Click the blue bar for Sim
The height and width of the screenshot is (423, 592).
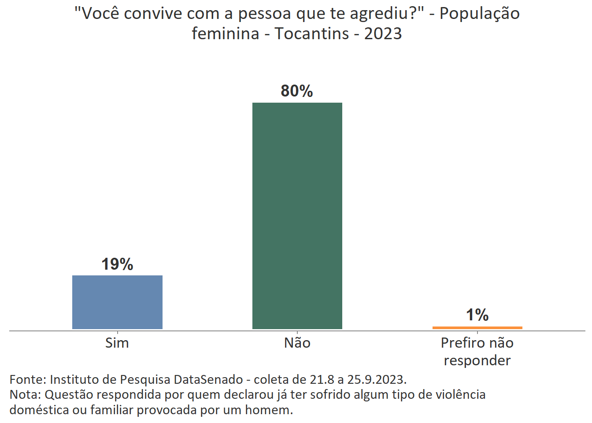(117, 302)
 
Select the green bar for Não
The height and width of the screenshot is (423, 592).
(297, 215)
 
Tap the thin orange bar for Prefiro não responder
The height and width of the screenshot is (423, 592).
(477, 327)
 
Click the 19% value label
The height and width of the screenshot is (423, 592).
(117, 264)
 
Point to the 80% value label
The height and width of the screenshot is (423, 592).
(297, 91)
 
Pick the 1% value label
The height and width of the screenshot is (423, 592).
(477, 315)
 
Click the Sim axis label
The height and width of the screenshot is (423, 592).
(117, 343)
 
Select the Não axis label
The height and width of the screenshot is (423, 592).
(297, 343)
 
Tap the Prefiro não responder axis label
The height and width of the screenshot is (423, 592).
(477, 351)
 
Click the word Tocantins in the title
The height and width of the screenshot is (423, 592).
(312, 33)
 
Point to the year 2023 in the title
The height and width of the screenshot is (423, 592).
(383, 33)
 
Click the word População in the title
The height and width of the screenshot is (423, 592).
(480, 14)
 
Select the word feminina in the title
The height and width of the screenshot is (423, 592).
(225, 33)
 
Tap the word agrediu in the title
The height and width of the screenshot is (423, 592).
(379, 14)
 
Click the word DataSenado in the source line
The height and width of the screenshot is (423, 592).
(208, 379)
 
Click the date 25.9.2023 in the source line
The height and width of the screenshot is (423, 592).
(377, 379)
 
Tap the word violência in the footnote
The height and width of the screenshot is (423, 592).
(460, 394)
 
